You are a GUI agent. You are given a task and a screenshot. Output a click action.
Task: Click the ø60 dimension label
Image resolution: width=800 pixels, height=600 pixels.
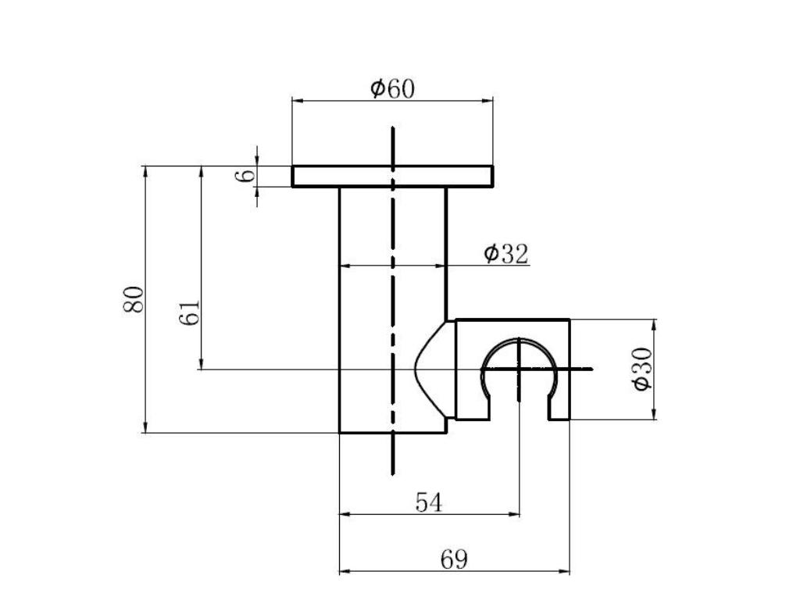click(x=392, y=88)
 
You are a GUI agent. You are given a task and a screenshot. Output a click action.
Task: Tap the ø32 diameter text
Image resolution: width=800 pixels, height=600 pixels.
click(x=506, y=254)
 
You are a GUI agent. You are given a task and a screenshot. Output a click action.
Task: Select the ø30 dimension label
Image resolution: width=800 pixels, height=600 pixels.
click(x=642, y=369)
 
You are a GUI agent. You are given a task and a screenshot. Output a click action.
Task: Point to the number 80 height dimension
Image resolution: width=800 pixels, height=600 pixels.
click(x=134, y=300)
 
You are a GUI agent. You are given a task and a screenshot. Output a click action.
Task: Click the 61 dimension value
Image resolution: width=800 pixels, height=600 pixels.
click(x=190, y=312)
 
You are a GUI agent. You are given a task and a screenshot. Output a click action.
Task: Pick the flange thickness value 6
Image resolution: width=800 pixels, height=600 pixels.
click(x=245, y=176)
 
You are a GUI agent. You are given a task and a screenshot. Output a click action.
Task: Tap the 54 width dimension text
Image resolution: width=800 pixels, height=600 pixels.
click(x=429, y=502)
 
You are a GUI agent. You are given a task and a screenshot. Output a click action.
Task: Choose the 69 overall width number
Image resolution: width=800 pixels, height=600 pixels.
click(x=454, y=559)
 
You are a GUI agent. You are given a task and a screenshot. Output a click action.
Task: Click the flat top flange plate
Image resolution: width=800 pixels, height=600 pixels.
click(x=392, y=177)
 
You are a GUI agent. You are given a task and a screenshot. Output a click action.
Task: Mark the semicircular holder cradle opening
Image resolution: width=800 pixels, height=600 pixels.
click(x=520, y=341)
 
